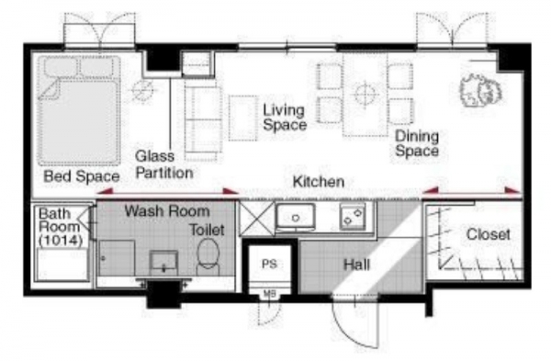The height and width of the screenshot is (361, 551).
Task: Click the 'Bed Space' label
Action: point(82,176)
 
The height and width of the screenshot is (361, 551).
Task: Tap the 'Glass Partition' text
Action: point(164,164)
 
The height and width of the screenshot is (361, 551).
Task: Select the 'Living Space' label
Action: point(285,118)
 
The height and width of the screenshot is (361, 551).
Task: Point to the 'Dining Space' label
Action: point(417,143)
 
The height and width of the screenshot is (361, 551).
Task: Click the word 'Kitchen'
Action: point(319,182)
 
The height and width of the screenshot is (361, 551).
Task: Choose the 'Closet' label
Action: point(489,234)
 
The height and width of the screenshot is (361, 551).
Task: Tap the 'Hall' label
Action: point(356,265)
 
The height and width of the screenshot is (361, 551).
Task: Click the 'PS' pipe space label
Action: point(269,264)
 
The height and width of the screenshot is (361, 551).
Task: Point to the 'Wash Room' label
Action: point(167,211)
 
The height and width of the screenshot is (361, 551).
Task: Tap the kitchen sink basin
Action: point(296,216)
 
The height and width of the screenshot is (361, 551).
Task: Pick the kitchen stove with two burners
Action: point(353,217)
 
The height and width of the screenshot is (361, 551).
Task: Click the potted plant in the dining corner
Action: point(480,90)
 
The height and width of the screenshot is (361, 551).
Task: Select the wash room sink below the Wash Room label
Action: point(163,262)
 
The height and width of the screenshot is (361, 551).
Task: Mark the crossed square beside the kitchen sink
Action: point(256,219)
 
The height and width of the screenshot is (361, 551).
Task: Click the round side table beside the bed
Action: point(142,91)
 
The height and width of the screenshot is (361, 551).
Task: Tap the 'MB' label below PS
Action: point(269,294)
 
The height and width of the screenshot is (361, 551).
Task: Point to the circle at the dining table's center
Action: point(365,94)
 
